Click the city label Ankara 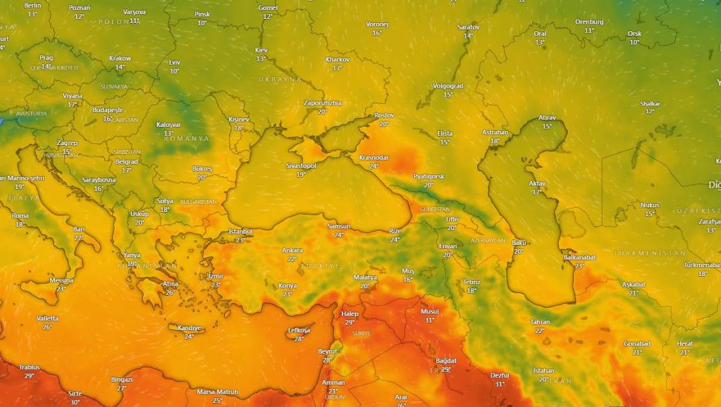[x=292, y=250]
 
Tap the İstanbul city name [x=240, y=232]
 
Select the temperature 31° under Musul [x=429, y=320]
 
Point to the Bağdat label [x=446, y=360]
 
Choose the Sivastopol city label [x=301, y=165]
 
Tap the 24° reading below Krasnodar [x=373, y=166]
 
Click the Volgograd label [x=448, y=86]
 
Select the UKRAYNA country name [x=280, y=79]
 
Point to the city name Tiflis [x=452, y=219]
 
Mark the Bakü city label [x=518, y=242]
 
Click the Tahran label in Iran [x=540, y=322]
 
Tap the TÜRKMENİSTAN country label [x=649, y=252]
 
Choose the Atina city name [x=170, y=284]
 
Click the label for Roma [x=20, y=215]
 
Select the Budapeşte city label [x=108, y=109]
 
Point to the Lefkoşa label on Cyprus [x=299, y=330]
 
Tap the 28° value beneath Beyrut [x=327, y=360]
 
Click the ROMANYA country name [x=186, y=138]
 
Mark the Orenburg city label [x=589, y=22]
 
